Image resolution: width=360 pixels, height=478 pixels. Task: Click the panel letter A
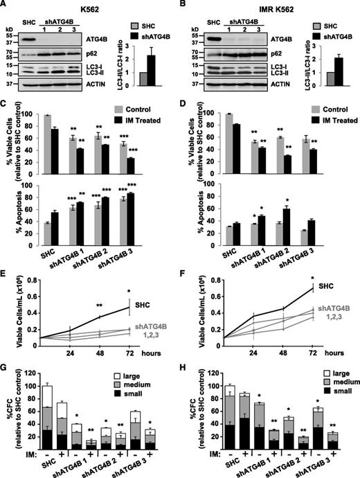(x=5, y=6)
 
